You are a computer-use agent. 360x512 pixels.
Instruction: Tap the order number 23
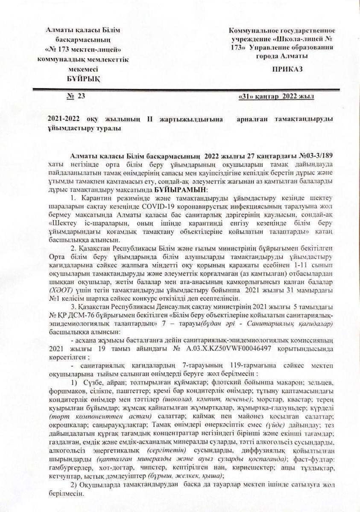click(x=81, y=96)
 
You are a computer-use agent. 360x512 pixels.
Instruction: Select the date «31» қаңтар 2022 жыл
click(x=277, y=97)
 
